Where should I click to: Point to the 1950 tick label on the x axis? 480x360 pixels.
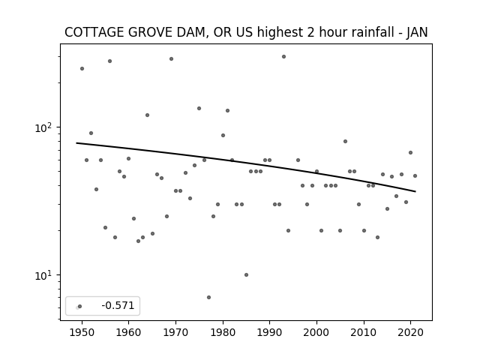(x=82, y=332)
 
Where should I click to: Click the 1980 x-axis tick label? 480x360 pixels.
(x=223, y=332)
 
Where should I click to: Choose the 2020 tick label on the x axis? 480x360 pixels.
(x=410, y=332)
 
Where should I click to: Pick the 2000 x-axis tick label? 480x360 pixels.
(x=316, y=332)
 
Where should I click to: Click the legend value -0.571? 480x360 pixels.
(x=118, y=305)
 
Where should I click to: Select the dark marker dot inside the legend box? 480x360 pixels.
(x=80, y=306)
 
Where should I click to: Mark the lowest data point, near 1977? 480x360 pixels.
(x=208, y=297)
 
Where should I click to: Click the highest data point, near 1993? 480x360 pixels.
(x=283, y=57)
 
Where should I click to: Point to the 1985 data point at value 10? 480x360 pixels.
(x=247, y=275)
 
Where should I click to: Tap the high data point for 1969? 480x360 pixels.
(x=172, y=58)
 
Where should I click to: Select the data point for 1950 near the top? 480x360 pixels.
(x=82, y=68)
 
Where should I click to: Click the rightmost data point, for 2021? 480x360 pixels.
(x=415, y=175)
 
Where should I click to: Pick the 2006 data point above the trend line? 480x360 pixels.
(x=345, y=142)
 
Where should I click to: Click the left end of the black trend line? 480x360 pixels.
(x=76, y=143)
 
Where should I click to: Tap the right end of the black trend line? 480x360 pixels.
(x=415, y=192)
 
